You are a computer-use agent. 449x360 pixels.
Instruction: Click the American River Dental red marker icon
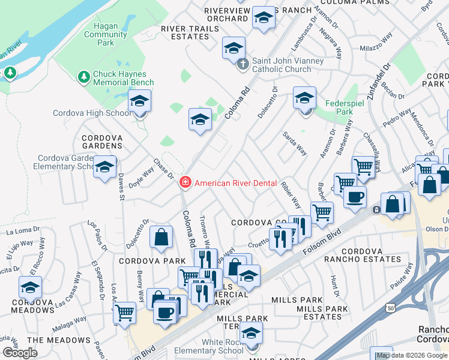185,182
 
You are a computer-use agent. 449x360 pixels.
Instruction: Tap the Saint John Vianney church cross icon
243,64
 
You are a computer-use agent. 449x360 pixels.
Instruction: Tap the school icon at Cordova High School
139,102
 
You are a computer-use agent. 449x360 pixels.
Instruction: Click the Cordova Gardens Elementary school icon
104,167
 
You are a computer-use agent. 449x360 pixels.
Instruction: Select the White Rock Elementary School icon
251,334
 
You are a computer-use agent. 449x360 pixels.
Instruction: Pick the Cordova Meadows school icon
30,287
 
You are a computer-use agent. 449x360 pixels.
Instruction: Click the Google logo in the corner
20,353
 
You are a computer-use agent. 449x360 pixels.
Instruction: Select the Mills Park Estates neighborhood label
322,313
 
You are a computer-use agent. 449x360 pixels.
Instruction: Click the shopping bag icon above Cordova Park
161,237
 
